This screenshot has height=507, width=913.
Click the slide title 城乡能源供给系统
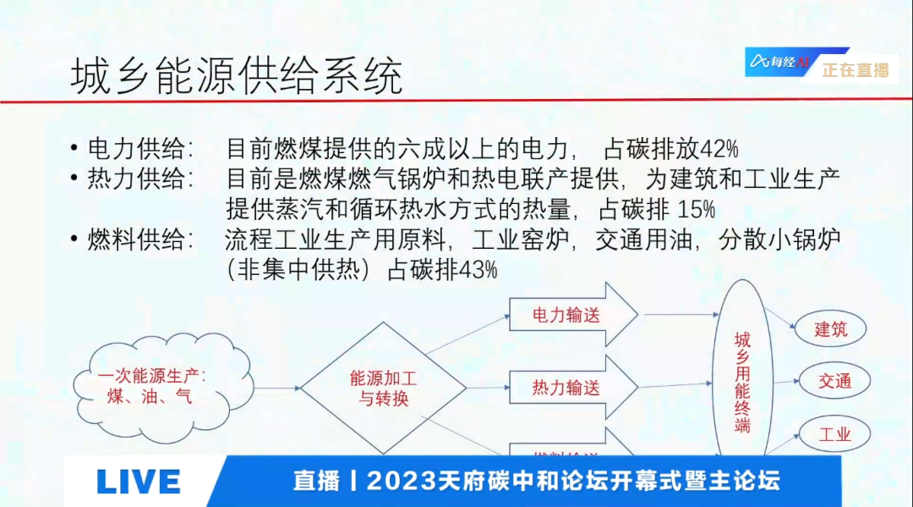pos(236,75)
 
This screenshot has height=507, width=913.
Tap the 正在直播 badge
pos(856,70)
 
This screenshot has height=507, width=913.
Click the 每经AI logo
pos(779,61)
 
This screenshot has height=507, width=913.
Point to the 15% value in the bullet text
pos(696,208)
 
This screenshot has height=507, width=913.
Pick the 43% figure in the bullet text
pos(478,270)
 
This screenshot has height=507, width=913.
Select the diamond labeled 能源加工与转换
pos(384,389)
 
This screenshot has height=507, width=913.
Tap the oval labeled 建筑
pos(831,329)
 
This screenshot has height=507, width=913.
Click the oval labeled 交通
pos(834,380)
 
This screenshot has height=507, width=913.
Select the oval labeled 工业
pos(834,434)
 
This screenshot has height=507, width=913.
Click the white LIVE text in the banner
pos(139,482)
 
